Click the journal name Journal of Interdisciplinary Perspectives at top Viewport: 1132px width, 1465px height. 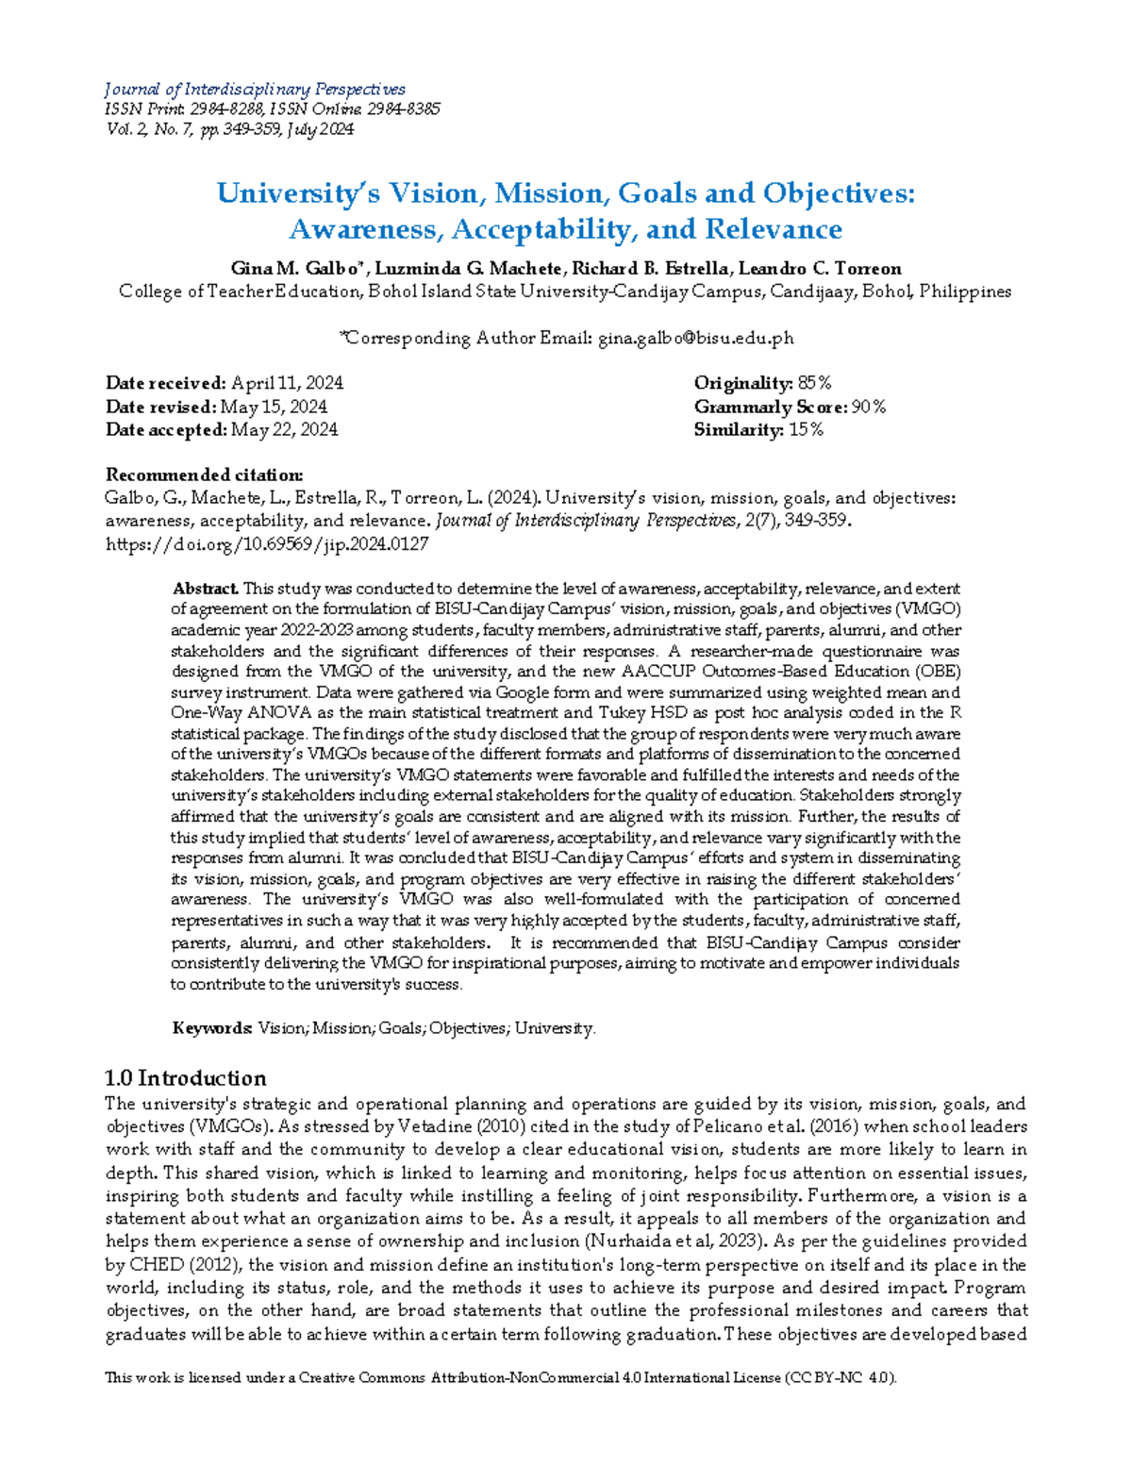255,90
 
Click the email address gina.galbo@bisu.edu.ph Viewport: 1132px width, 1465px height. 696,338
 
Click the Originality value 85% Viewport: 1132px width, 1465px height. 814,383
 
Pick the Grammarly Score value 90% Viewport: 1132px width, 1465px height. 868,407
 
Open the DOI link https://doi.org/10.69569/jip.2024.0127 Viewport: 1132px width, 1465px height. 267,544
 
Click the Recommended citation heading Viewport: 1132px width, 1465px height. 204,474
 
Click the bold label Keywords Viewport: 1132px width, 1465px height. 212,1028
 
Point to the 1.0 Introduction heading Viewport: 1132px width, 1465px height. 186,1078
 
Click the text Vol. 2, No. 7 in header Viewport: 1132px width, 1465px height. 149,129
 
